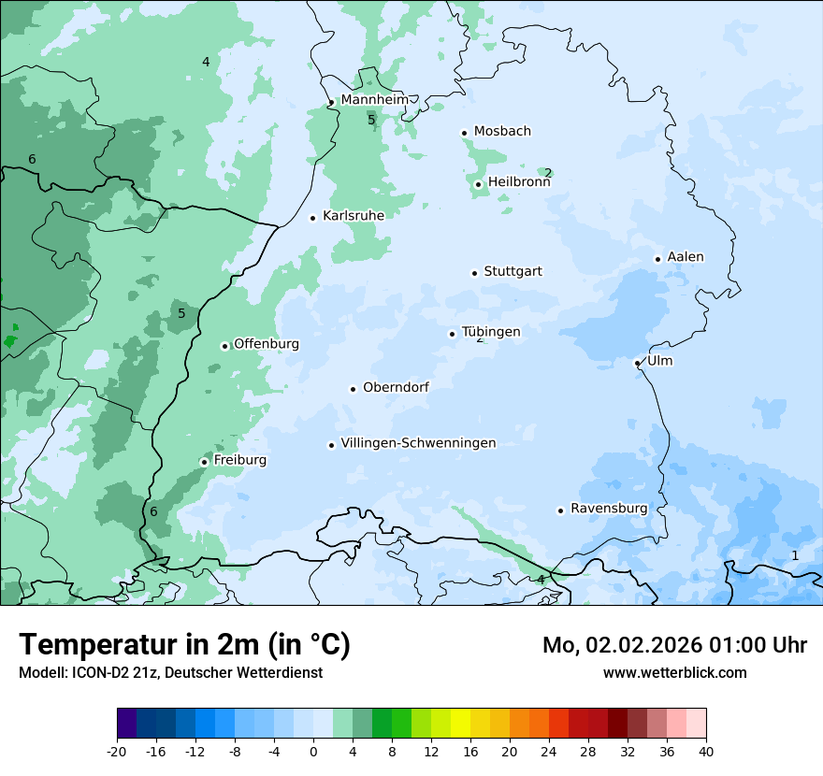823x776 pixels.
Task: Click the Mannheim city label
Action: tap(374, 99)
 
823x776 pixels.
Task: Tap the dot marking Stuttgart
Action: tap(474, 273)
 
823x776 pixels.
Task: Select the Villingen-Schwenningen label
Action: tap(418, 443)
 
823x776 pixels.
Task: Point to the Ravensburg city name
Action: tap(609, 509)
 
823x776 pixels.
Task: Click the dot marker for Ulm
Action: tap(637, 363)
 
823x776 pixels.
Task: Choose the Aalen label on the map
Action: tap(686, 257)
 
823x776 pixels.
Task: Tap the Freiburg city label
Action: tap(239, 460)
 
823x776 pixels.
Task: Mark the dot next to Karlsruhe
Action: tap(313, 218)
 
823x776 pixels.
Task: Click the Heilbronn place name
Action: tap(519, 182)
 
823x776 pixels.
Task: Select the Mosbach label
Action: tap(502, 131)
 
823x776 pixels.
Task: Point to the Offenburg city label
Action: tap(267, 344)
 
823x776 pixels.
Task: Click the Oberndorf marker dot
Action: tap(353, 389)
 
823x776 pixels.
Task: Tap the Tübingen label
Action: tap(491, 332)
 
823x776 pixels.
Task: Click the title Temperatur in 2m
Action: tap(184, 644)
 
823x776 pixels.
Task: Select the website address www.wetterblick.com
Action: tap(674, 672)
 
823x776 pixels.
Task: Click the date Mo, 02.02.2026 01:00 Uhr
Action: tap(674, 645)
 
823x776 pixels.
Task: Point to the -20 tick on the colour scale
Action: tap(117, 752)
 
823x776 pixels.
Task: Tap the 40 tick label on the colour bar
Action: tap(706, 752)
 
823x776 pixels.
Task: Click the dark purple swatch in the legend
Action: tap(126, 724)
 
